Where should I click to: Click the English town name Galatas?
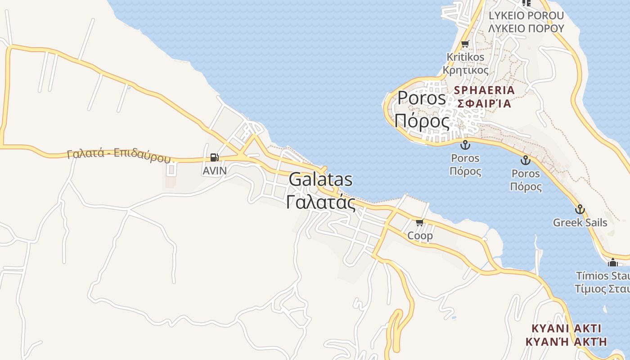[x=320, y=180]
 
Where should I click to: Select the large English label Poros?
[x=422, y=98]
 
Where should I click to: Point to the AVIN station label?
[x=215, y=171]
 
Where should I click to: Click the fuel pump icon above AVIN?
[x=215, y=157]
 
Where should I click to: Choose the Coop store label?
[x=420, y=235]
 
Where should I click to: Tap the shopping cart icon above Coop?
[x=420, y=222]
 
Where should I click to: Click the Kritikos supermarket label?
[x=465, y=57]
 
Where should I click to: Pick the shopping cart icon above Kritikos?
[x=465, y=44]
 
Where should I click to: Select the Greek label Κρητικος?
[x=465, y=70]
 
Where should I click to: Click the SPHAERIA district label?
[x=484, y=90]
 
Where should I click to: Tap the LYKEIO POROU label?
[x=526, y=16]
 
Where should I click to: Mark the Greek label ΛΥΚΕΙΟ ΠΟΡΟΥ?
[x=526, y=28]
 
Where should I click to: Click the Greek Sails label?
[x=580, y=223]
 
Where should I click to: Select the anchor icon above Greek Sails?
[x=580, y=209]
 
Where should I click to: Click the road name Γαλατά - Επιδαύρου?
[x=119, y=154]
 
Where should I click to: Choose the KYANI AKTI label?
[x=567, y=328]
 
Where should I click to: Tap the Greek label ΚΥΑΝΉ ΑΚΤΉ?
[x=567, y=341]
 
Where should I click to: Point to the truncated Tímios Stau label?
[x=603, y=275]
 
